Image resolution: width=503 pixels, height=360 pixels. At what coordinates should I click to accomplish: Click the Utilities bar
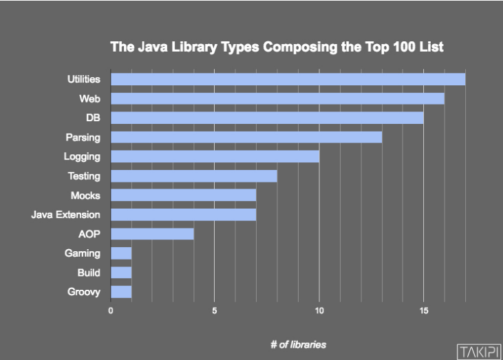click(288, 79)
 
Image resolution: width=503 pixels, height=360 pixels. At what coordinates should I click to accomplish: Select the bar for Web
click(277, 98)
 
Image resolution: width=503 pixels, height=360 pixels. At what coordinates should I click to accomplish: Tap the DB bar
click(267, 118)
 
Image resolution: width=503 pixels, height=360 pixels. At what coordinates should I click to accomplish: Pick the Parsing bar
click(246, 137)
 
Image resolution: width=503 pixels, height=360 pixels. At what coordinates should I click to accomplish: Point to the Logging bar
click(215, 156)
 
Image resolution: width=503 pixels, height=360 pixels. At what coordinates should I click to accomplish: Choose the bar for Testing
click(194, 176)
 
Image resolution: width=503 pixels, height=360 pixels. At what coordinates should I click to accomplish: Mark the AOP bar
click(152, 234)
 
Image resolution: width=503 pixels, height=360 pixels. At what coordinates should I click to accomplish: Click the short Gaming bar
click(121, 253)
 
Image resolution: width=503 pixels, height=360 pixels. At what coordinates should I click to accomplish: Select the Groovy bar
click(121, 292)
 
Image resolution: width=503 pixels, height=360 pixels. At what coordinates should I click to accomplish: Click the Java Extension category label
click(66, 215)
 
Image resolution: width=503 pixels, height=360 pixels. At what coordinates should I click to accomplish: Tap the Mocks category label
click(85, 195)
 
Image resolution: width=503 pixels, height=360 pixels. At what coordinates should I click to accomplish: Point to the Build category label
click(89, 273)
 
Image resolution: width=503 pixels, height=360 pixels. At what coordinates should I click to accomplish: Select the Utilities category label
click(83, 80)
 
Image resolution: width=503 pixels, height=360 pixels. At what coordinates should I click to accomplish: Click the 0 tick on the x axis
click(111, 310)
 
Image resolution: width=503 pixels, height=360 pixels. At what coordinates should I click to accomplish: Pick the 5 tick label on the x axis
click(215, 310)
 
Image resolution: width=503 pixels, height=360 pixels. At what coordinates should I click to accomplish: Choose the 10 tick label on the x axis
click(319, 310)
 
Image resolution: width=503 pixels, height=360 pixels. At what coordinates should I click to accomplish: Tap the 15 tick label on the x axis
click(423, 310)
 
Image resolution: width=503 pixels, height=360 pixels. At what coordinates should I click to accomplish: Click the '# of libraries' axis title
click(298, 344)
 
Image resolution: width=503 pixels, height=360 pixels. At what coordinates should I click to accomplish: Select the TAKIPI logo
click(478, 349)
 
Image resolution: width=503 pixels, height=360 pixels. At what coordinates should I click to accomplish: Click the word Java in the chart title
click(147, 47)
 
